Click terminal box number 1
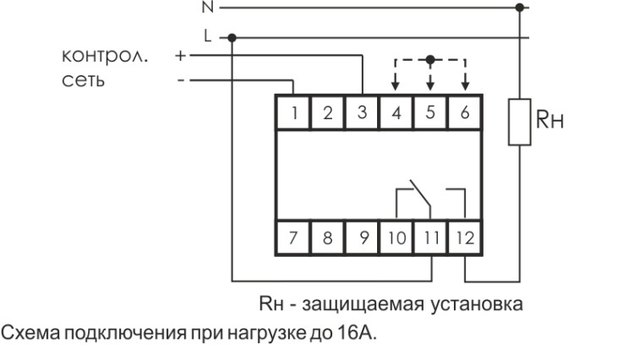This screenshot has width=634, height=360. (x=292, y=113)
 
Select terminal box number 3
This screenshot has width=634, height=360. (x=362, y=113)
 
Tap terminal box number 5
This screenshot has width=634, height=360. (x=430, y=113)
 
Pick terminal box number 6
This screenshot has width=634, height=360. (x=464, y=113)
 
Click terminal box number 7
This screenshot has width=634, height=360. (x=292, y=237)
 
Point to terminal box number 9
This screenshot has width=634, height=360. (x=362, y=237)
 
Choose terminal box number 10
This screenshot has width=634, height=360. (x=396, y=237)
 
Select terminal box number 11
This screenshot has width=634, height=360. (x=430, y=237)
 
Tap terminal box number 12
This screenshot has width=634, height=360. (x=464, y=237)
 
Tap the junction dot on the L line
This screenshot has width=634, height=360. (x=232, y=36)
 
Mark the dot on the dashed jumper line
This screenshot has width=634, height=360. (x=430, y=59)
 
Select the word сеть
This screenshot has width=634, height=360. (x=82, y=83)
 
